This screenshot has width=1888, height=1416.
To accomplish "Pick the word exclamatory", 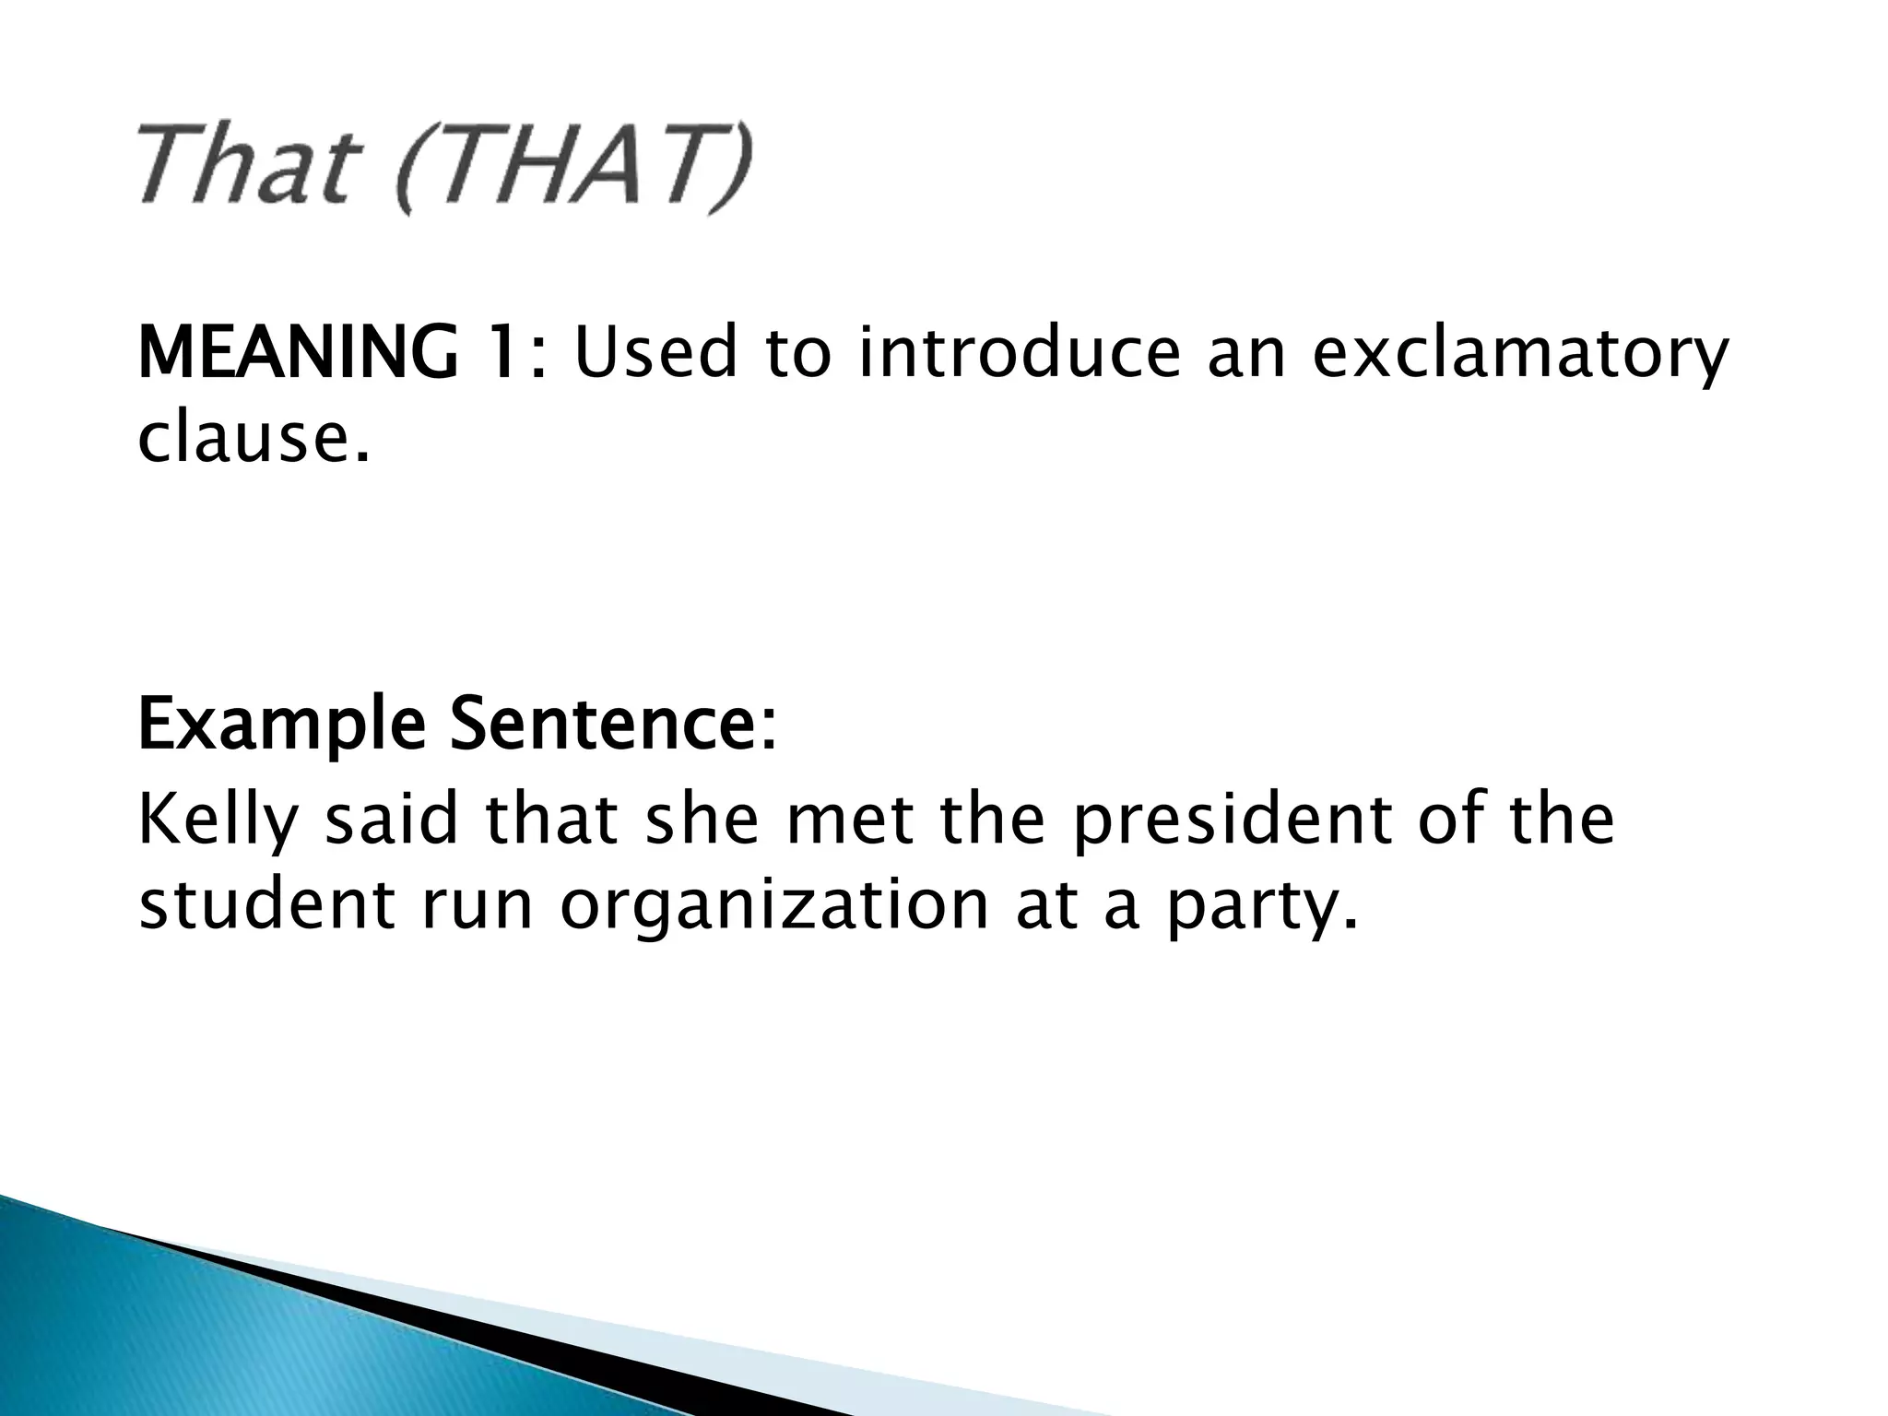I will click(1519, 355).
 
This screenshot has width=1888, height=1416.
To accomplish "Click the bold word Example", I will click(281, 727).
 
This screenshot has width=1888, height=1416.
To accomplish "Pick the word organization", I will click(774, 906).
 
